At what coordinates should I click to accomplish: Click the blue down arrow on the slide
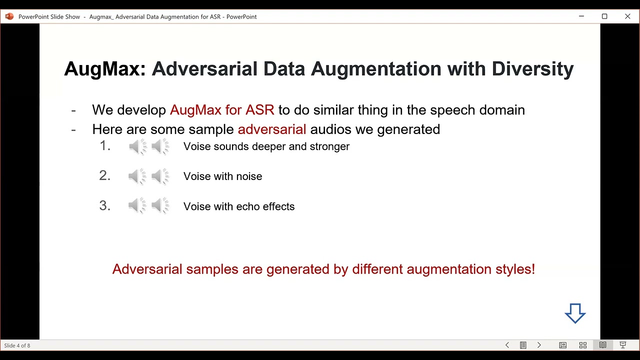pyautogui.click(x=575, y=313)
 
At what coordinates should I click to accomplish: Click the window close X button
pyautogui.click(x=627, y=16)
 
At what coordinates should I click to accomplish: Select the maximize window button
pyautogui.click(x=604, y=16)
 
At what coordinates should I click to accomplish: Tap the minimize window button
pyautogui.click(x=581, y=16)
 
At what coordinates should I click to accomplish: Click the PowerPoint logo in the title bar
pyautogui.click(x=9, y=16)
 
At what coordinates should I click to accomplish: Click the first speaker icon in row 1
pyautogui.click(x=137, y=147)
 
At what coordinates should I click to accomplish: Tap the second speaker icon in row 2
pyautogui.click(x=160, y=176)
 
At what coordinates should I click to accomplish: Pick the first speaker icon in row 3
pyautogui.click(x=137, y=206)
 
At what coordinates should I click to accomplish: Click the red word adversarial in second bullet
pyautogui.click(x=271, y=129)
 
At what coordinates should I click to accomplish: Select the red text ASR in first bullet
pyautogui.click(x=260, y=110)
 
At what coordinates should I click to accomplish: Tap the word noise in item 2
pyautogui.click(x=249, y=176)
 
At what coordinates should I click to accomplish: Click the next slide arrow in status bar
pyautogui.click(x=539, y=345)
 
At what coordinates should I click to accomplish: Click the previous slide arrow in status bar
pyautogui.click(x=507, y=345)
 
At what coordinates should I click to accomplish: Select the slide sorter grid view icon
pyautogui.click(x=582, y=345)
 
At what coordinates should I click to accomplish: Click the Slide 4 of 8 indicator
pyautogui.click(x=17, y=345)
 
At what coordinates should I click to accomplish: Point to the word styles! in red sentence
pyautogui.click(x=515, y=269)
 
